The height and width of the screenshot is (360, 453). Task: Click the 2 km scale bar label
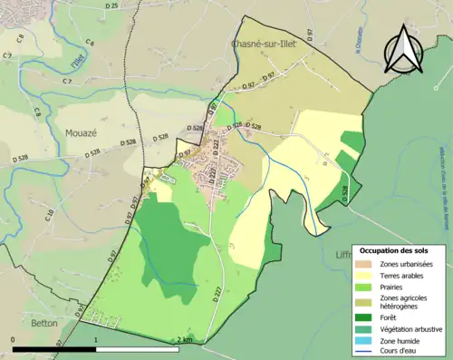coord(184,340)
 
